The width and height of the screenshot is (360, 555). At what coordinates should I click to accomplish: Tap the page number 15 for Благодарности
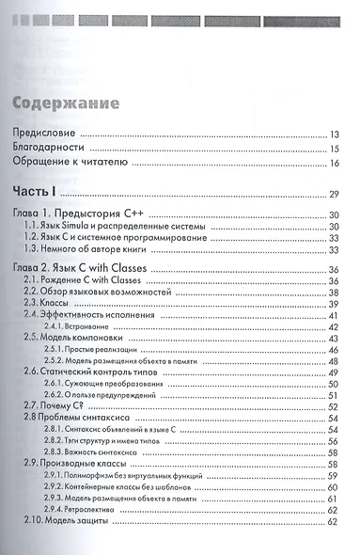[333, 150]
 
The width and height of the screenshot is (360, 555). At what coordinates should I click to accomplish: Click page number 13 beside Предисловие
[333, 135]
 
